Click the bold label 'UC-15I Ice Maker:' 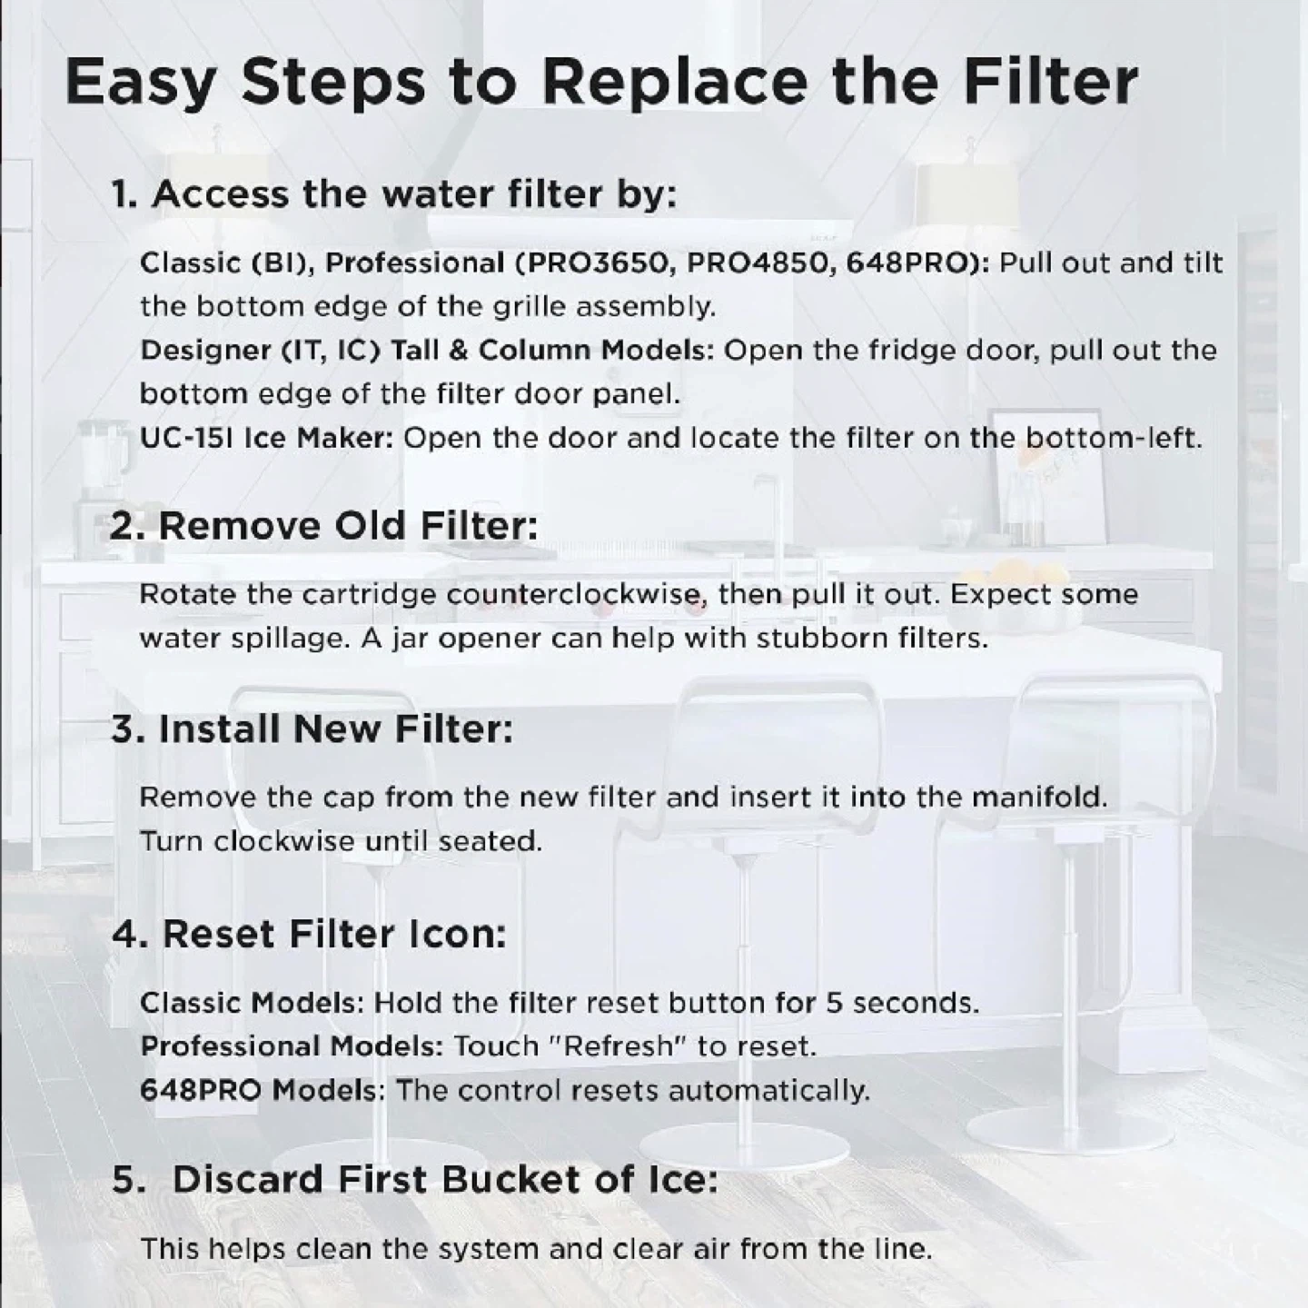point(267,439)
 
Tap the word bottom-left point(1113,439)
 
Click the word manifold point(1039,797)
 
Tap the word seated point(490,842)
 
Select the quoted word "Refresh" point(618,1046)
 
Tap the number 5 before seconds point(835,1003)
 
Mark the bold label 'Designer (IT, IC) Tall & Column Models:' point(427,351)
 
